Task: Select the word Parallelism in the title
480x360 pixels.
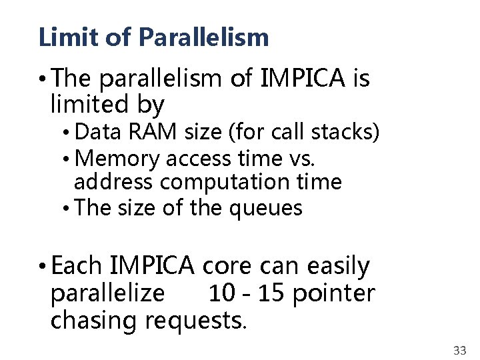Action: click(x=204, y=37)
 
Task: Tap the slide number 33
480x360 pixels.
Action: click(x=459, y=351)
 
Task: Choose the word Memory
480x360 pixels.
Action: click(x=118, y=159)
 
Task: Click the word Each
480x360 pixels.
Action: click(x=76, y=266)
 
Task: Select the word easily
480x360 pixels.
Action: click(x=339, y=267)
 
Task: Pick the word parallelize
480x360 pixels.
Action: click(x=107, y=293)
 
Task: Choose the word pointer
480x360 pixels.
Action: click(x=335, y=293)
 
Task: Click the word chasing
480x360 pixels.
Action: click(x=94, y=321)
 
